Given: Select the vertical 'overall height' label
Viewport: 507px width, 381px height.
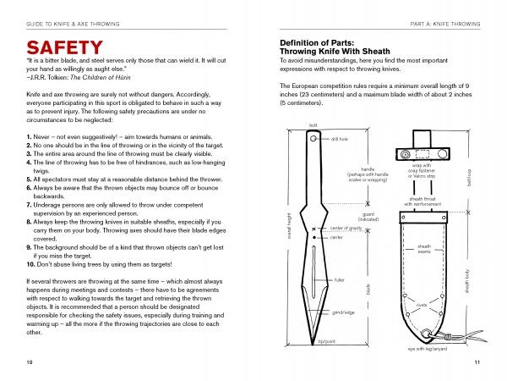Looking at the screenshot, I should click(x=287, y=226).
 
